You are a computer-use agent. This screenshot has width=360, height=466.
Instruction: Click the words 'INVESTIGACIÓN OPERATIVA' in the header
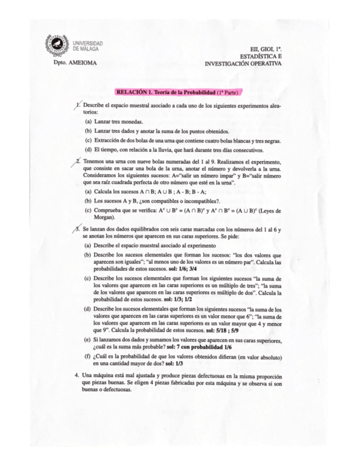[x=243, y=63]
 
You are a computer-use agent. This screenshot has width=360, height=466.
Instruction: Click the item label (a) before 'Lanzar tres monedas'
[x=88, y=121]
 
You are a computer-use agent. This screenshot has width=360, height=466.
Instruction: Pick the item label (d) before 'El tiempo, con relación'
[x=88, y=149]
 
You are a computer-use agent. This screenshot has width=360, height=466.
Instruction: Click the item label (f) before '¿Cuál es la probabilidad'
[x=87, y=356]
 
